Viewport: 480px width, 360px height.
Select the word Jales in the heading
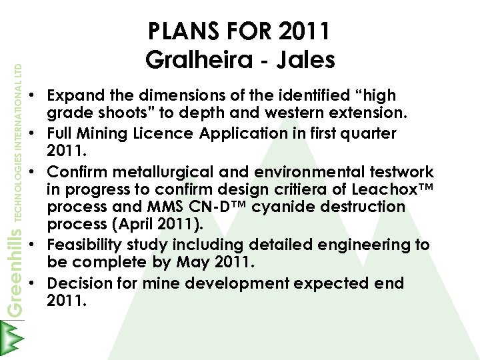point(305,60)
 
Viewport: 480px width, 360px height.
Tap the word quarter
point(370,133)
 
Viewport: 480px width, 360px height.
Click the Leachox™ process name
point(394,190)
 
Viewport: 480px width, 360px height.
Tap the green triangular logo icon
point(11,339)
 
